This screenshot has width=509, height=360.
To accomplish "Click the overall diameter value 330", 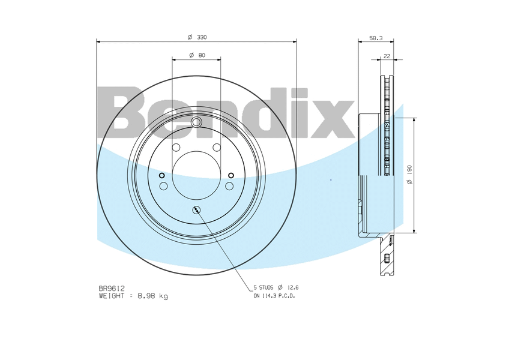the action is (202, 37).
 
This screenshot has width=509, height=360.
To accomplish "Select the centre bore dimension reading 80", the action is (202, 55).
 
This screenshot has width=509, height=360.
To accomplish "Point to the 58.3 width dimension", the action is (376, 38).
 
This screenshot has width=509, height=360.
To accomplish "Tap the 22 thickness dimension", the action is (387, 56).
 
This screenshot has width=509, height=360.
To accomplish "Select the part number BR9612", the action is (112, 288).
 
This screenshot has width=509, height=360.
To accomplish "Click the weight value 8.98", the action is (148, 296).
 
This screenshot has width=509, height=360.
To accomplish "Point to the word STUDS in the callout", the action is (266, 287).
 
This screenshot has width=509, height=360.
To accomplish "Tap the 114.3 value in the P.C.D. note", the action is (267, 296).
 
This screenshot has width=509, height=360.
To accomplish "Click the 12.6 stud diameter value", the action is (293, 287).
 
